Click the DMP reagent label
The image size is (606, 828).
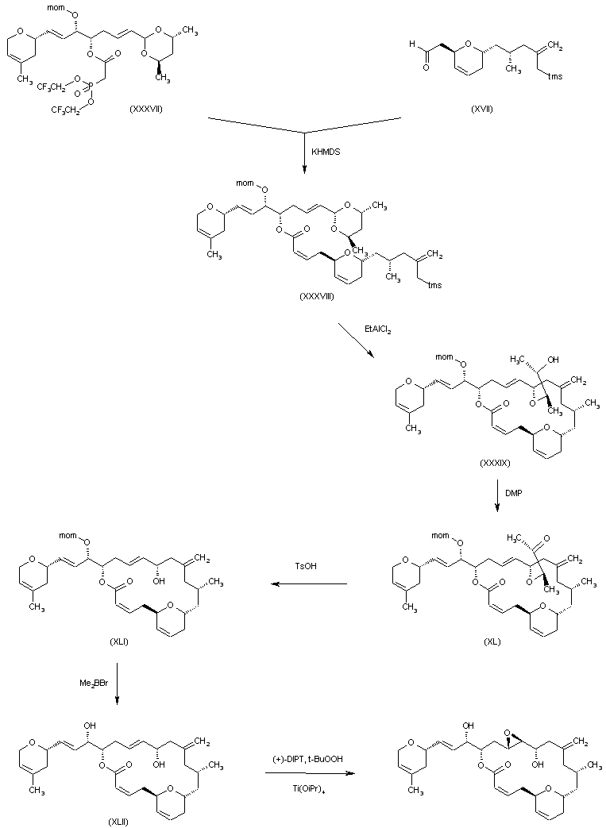[x=515, y=493]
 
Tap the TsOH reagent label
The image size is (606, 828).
[x=307, y=567]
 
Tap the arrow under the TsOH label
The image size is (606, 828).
[x=308, y=585]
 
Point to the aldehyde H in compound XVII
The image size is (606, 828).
[x=409, y=46]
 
